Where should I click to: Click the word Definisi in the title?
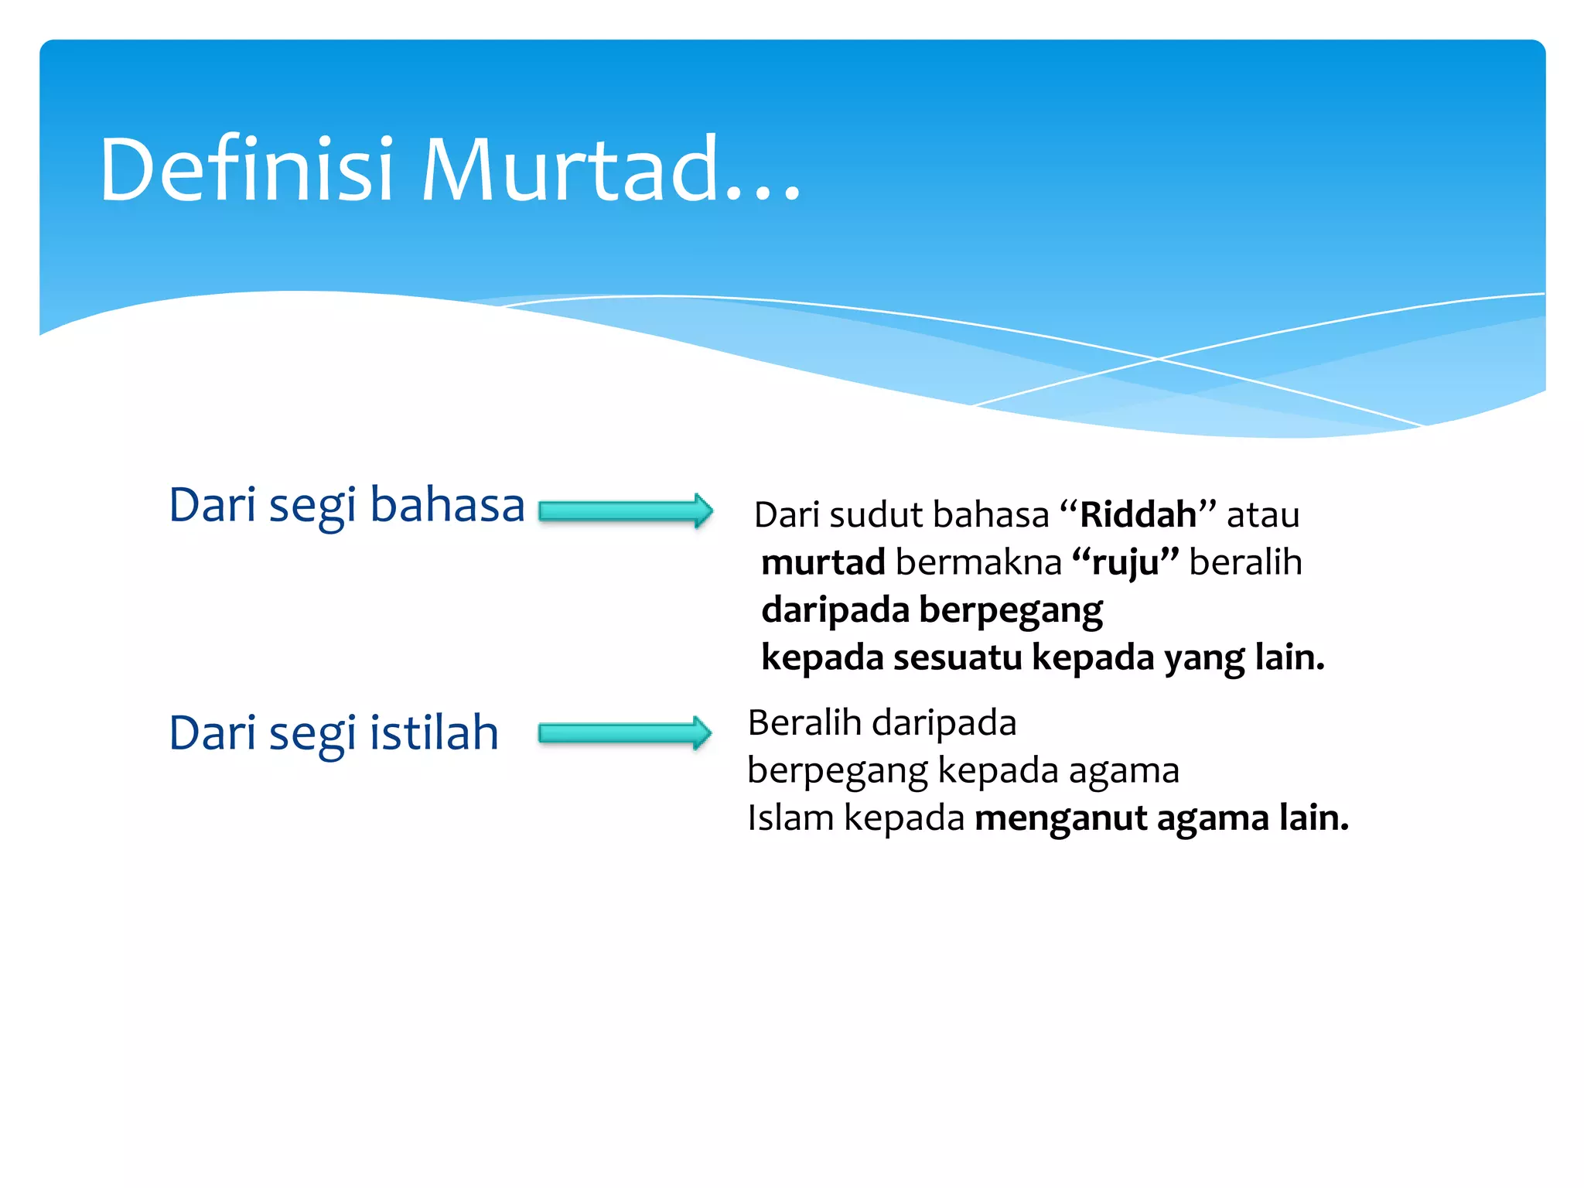pyautogui.click(x=246, y=170)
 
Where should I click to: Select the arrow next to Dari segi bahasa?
pyautogui.click(x=625, y=511)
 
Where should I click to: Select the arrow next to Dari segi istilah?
pyautogui.click(x=625, y=732)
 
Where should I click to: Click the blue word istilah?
pyautogui.click(x=434, y=732)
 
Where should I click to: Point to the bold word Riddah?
pyautogui.click(x=1138, y=515)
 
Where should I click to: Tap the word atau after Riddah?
pyautogui.click(x=1263, y=515)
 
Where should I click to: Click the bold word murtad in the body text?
pyautogui.click(x=823, y=562)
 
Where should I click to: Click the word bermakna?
pyautogui.click(x=978, y=562)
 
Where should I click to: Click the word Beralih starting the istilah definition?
pyautogui.click(x=804, y=723)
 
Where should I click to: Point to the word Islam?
pyautogui.click(x=790, y=818)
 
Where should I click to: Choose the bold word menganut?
pyautogui.click(x=1060, y=818)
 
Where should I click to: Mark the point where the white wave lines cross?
pyautogui.click(x=1158, y=359)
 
